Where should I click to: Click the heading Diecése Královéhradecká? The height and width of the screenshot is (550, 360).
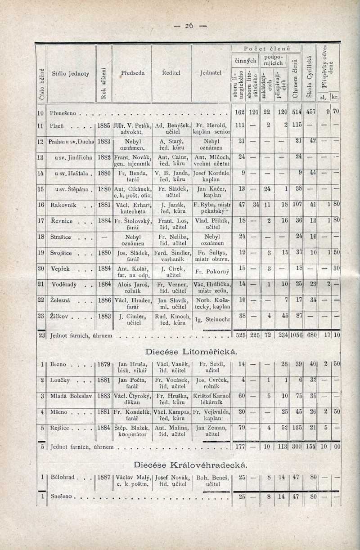click(x=190, y=464)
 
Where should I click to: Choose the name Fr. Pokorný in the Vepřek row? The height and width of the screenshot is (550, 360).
click(x=211, y=272)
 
